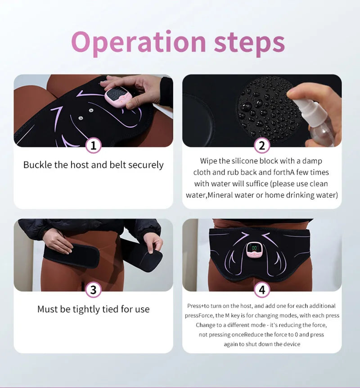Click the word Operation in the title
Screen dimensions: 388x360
(x=138, y=42)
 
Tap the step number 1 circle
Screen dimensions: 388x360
(x=93, y=145)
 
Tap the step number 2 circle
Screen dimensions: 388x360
(x=262, y=145)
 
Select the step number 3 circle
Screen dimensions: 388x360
(x=93, y=290)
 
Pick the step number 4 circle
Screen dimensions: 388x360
(x=262, y=290)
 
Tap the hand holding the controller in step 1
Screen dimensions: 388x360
(x=135, y=88)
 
